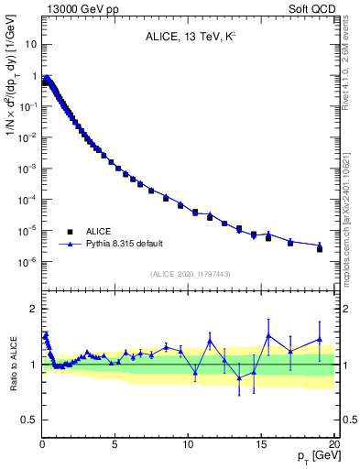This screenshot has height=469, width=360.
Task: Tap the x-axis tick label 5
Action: point(115,444)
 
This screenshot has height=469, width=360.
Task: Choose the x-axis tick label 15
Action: point(261,444)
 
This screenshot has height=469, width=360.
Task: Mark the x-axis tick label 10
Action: point(188,444)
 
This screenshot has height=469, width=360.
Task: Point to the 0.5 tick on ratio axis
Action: point(28,420)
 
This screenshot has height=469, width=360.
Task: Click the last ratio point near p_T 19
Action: point(320,339)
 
